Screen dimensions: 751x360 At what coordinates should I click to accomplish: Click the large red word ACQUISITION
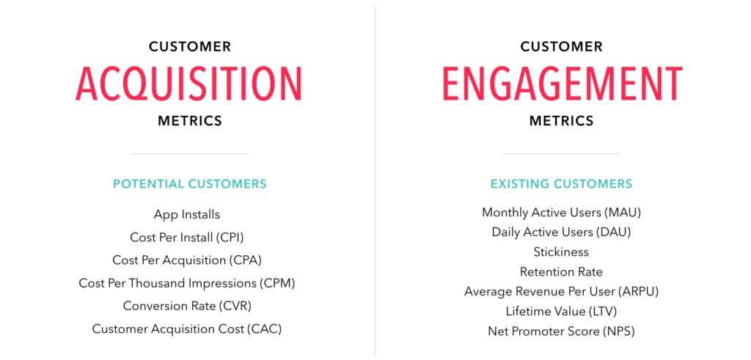click(x=188, y=84)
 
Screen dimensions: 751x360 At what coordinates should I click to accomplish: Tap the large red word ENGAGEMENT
click(x=563, y=84)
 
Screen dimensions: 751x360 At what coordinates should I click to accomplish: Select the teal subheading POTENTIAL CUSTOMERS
click(x=190, y=184)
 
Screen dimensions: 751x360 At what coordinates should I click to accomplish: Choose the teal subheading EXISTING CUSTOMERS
click(x=561, y=184)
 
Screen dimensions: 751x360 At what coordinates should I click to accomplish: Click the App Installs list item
click(x=187, y=215)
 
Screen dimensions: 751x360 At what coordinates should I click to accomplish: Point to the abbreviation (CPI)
click(x=232, y=237)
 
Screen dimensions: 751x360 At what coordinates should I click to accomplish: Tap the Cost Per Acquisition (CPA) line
click(x=187, y=260)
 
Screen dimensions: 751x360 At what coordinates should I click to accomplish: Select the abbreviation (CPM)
click(x=277, y=283)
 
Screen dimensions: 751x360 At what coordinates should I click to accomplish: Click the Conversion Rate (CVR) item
click(x=187, y=306)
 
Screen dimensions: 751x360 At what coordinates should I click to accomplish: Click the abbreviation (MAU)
click(x=623, y=212)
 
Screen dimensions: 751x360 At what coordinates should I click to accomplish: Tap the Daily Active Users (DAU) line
click(x=561, y=232)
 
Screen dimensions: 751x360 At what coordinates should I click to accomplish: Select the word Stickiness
click(x=561, y=251)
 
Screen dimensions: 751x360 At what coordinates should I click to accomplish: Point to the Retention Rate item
click(x=561, y=272)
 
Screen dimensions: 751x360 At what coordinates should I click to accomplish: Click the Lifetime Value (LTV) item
click(x=561, y=312)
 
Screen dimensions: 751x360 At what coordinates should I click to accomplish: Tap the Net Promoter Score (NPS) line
click(x=561, y=331)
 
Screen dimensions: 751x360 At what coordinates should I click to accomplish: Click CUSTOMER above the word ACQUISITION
click(x=190, y=47)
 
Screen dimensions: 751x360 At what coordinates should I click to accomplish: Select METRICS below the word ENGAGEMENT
click(x=561, y=121)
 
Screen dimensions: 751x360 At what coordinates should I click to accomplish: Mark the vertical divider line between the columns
click(x=375, y=181)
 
